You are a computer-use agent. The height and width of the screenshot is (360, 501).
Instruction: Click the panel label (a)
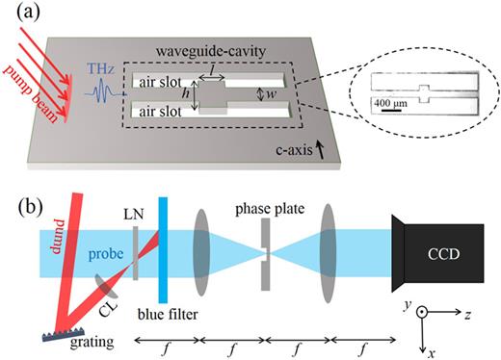(x=21, y=14)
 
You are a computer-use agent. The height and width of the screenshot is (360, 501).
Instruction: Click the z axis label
(x=466, y=315)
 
